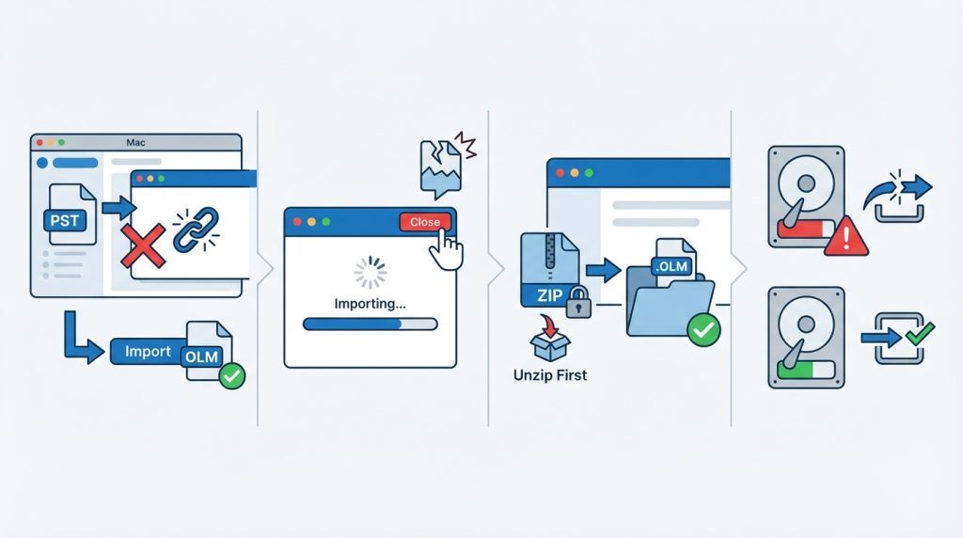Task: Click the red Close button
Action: [425, 222]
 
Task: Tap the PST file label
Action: [65, 220]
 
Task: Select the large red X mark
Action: [143, 245]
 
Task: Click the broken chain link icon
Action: [197, 229]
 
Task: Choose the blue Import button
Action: [148, 351]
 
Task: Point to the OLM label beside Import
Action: [201, 356]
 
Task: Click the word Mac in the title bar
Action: [135, 142]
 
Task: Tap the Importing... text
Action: [370, 304]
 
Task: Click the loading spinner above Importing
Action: [371, 273]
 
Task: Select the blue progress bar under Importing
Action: [371, 324]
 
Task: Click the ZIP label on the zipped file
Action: [549, 296]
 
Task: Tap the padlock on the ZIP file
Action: [578, 302]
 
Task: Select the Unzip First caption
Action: [549, 374]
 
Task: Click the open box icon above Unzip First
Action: [549, 338]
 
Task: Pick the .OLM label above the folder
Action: [671, 267]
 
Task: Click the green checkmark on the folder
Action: [703, 330]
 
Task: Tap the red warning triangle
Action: [845, 236]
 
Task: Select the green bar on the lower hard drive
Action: [796, 370]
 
